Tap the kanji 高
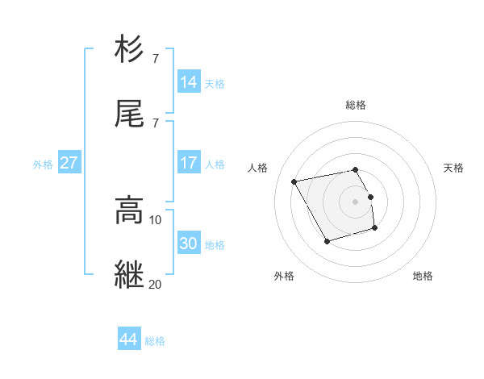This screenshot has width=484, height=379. click(x=130, y=210)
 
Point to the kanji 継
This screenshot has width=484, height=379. click(x=130, y=273)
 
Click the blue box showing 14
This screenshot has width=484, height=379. click(x=189, y=81)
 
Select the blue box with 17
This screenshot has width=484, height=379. click(x=189, y=162)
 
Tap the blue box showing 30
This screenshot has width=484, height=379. click(x=189, y=243)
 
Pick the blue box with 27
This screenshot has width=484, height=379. click(x=69, y=162)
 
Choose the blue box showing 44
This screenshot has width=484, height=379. click(x=129, y=339)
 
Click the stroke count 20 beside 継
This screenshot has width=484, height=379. click(x=156, y=284)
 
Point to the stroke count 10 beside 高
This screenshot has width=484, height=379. click(x=156, y=219)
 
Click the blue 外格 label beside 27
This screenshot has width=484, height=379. click(x=43, y=164)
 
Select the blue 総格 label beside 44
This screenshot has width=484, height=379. click(x=155, y=341)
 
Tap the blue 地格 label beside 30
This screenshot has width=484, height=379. click(x=215, y=244)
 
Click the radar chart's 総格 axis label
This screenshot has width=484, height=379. click(x=356, y=105)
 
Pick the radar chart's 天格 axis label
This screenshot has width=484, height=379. click(x=453, y=168)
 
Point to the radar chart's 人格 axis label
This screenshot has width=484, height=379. click(x=258, y=168)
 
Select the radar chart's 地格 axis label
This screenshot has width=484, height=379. click(x=423, y=276)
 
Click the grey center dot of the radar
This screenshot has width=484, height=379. click(x=356, y=201)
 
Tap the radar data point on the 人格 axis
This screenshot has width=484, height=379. click(x=294, y=181)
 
